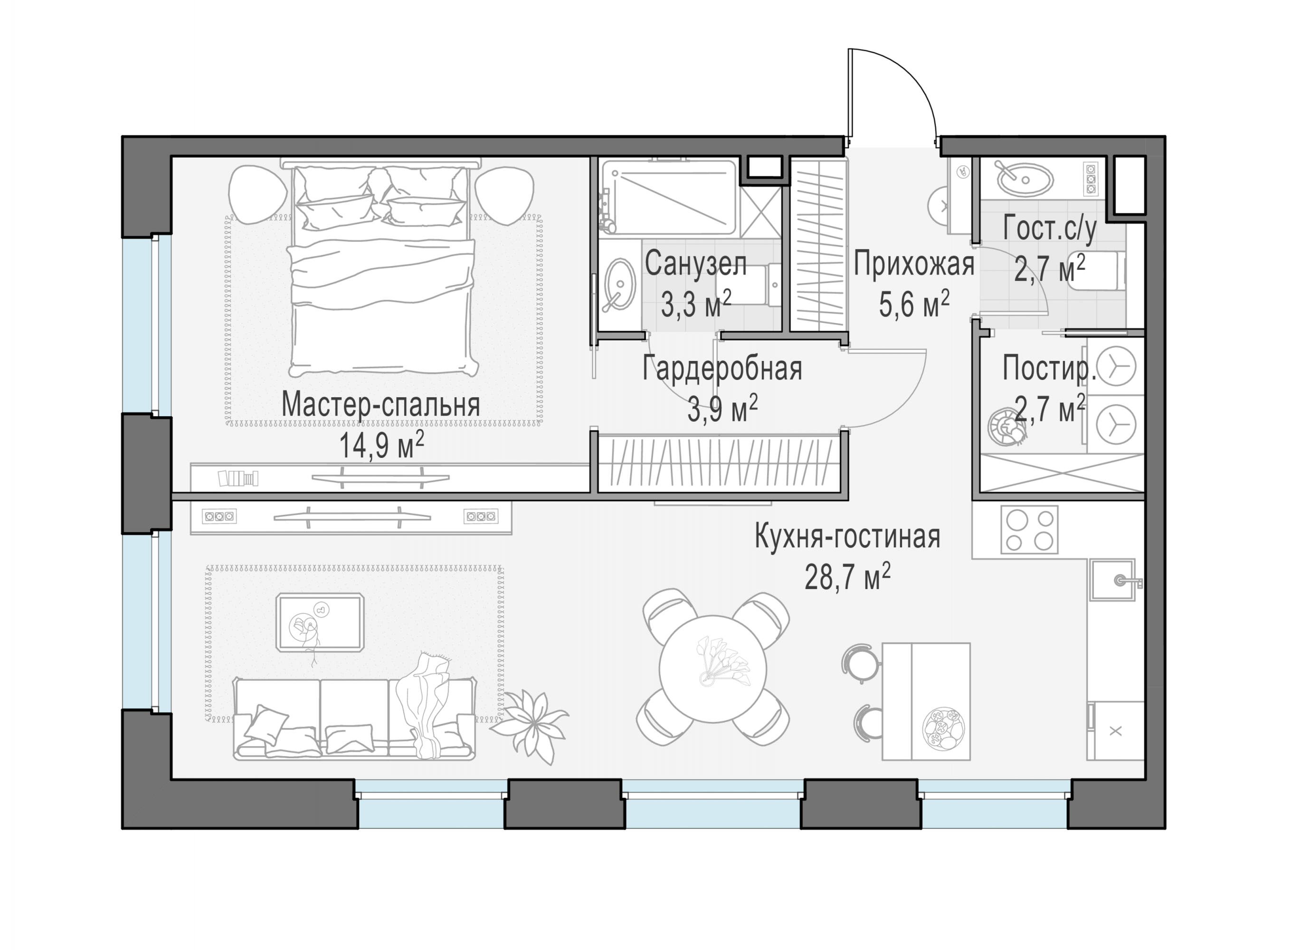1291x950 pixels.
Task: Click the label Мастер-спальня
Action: (380, 404)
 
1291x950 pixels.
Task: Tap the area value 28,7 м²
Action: (847, 577)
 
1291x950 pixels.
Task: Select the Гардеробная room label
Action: (722, 368)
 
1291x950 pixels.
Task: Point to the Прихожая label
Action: (914, 264)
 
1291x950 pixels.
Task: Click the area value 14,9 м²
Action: (381, 445)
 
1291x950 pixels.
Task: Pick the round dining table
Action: (712, 669)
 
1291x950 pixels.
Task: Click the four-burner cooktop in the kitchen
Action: (1029, 530)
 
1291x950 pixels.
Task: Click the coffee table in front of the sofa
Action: (320, 622)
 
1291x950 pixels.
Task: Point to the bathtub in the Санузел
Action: (668, 197)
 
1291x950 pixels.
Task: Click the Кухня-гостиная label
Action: (847, 537)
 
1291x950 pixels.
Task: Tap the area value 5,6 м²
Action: (914, 304)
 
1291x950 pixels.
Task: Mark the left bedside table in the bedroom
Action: (257, 194)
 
